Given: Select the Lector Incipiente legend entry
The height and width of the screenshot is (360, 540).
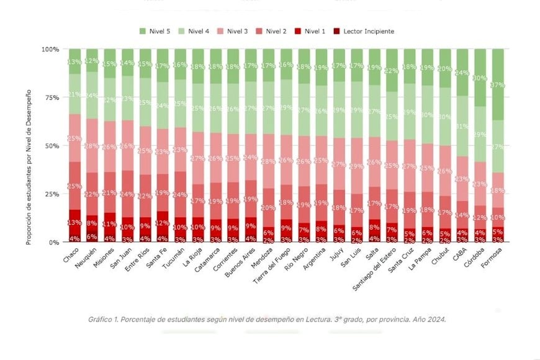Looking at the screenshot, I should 363,31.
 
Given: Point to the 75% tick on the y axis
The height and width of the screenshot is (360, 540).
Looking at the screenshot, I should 51,97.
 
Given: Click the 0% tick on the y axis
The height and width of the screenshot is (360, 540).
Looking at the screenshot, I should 53,242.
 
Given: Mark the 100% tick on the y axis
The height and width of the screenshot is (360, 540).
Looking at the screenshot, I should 50,49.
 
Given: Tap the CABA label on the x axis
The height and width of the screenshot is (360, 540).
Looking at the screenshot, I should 457,254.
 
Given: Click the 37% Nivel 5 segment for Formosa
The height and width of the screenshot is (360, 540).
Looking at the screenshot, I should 498,84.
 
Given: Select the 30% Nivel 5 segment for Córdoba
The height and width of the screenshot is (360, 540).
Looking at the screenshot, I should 481,78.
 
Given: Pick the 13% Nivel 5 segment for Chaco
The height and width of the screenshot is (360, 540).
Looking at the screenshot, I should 74,61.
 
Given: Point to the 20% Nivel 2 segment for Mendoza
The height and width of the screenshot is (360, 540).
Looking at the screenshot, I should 269,208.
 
